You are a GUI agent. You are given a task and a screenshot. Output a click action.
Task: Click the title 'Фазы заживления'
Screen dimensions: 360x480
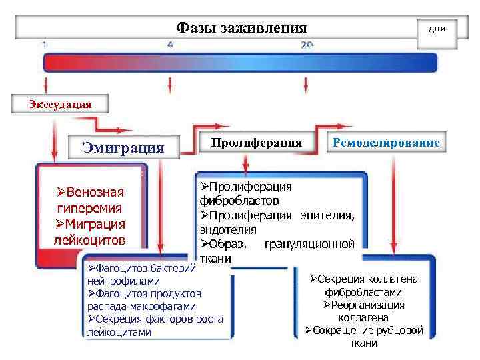pyautogui.click(x=241, y=27)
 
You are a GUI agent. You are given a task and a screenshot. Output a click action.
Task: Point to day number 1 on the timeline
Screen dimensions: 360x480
pyautogui.click(x=44, y=45)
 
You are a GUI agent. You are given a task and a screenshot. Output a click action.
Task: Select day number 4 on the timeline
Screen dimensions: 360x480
pyautogui.click(x=170, y=45)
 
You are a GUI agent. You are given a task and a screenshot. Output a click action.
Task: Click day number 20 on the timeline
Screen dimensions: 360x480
pyautogui.click(x=307, y=45)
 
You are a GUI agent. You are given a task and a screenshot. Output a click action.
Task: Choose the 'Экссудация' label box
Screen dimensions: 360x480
pyautogui.click(x=59, y=103)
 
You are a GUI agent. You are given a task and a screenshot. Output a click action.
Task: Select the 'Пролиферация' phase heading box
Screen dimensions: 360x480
pyautogui.click(x=257, y=143)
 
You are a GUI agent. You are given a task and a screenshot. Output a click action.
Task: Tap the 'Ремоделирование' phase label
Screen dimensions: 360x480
pyautogui.click(x=386, y=143)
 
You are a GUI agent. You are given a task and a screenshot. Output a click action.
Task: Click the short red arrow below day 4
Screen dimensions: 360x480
pyautogui.click(x=171, y=84)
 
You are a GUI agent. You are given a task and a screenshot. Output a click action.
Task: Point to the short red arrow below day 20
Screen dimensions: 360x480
pyautogui.click(x=306, y=84)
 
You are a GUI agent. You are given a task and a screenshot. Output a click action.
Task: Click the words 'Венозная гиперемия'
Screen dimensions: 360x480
pyautogui.click(x=90, y=200)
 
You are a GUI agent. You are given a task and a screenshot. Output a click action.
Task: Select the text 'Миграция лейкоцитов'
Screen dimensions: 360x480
pyautogui.click(x=90, y=230)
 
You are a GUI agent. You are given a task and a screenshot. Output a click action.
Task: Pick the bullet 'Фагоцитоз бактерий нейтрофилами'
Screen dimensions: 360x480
pyautogui.click(x=140, y=275)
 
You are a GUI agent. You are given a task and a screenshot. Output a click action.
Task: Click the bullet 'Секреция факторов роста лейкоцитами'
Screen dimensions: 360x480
pyautogui.click(x=155, y=325)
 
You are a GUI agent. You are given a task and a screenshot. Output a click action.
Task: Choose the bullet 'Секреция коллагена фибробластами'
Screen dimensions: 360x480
pyautogui.click(x=363, y=285)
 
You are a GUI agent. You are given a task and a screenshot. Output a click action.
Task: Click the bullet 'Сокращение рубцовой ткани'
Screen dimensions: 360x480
pyautogui.click(x=363, y=337)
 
